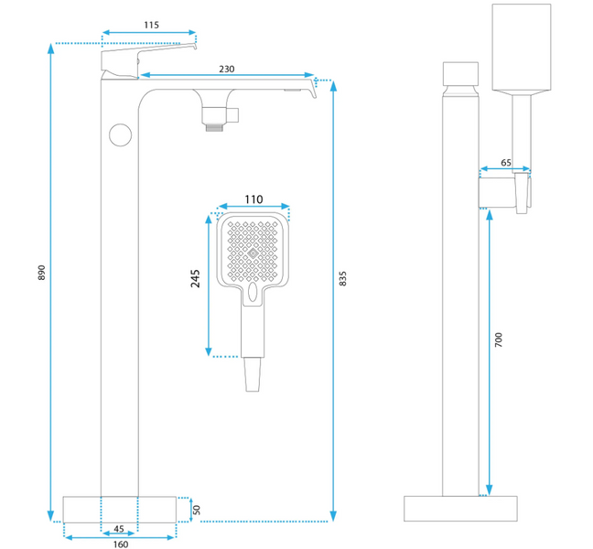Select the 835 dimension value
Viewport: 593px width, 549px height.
click(x=343, y=278)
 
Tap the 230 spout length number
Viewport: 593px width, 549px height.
click(x=226, y=68)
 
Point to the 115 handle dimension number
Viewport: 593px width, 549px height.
click(x=150, y=25)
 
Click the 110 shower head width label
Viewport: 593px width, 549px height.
click(x=253, y=199)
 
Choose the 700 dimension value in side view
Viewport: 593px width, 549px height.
click(x=499, y=339)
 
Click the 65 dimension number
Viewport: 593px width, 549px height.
click(x=507, y=162)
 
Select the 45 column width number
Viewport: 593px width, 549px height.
click(x=118, y=529)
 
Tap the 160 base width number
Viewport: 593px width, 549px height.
click(x=121, y=544)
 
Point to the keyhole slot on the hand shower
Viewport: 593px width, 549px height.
click(x=252, y=293)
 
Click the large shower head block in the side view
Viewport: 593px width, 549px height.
click(x=523, y=48)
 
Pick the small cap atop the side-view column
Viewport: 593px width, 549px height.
click(x=460, y=73)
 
